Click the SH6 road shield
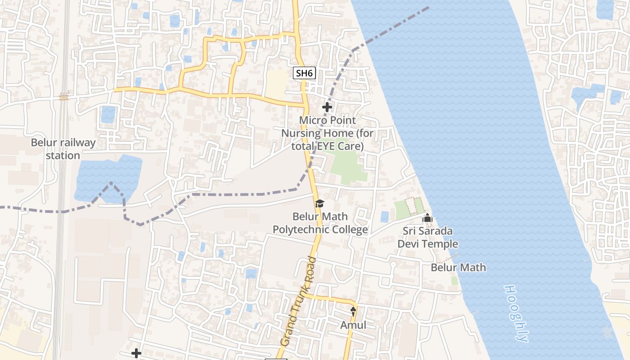304,73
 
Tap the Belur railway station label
63,149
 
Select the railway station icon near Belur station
64,96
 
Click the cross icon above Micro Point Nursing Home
327,107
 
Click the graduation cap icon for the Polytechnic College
319,204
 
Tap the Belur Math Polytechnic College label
320,223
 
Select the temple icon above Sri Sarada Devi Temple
427,219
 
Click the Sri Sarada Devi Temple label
427,238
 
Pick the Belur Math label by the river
458,267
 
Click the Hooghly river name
516,313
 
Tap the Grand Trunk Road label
298,301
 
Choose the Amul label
353,325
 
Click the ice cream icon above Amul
353,310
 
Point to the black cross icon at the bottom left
136,354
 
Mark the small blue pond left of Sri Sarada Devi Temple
384,217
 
